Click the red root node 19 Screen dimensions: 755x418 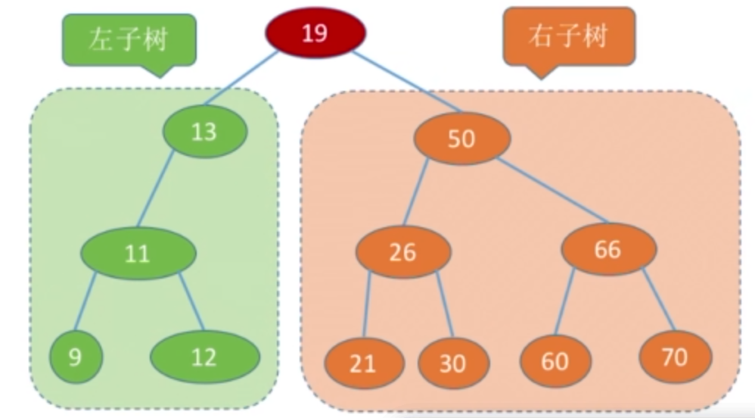pos(315,33)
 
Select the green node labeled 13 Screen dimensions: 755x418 pos(205,131)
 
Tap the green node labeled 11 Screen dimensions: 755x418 pos(138,253)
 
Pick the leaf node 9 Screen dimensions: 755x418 pos(76,357)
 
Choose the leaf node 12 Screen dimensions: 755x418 pos(205,357)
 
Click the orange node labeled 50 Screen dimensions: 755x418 pos(462,139)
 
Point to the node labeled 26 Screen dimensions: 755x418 pos(403,252)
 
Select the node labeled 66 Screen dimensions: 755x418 pos(609,249)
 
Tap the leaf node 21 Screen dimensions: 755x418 pos(364,363)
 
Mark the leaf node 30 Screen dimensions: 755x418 pos(454,363)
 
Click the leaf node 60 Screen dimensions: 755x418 pos(555,361)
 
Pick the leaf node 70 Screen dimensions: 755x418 pos(676,357)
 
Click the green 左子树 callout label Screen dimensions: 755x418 pos(129,39)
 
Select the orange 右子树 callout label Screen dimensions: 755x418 pos(569,36)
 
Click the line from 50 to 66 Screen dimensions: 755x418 pos(554,190)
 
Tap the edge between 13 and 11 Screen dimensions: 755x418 pos(156,189)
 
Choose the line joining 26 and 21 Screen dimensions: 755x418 pos(366,304)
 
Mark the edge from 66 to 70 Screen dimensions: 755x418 pos(659,300)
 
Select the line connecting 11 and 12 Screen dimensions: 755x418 pos(191,302)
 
